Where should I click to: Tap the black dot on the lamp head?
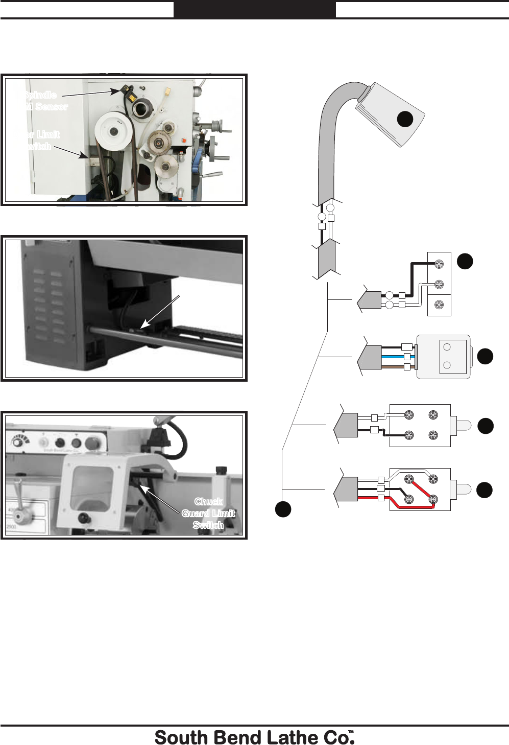pos(405,119)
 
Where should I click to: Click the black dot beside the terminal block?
pos(465,261)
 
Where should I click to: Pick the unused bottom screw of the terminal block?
pos(439,305)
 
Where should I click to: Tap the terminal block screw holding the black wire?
pos(439,264)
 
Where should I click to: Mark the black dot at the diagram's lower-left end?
pos(283,509)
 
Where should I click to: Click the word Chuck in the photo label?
pos(208,502)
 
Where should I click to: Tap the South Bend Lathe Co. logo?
pos(254,737)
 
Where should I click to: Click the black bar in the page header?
pos(254,9)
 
